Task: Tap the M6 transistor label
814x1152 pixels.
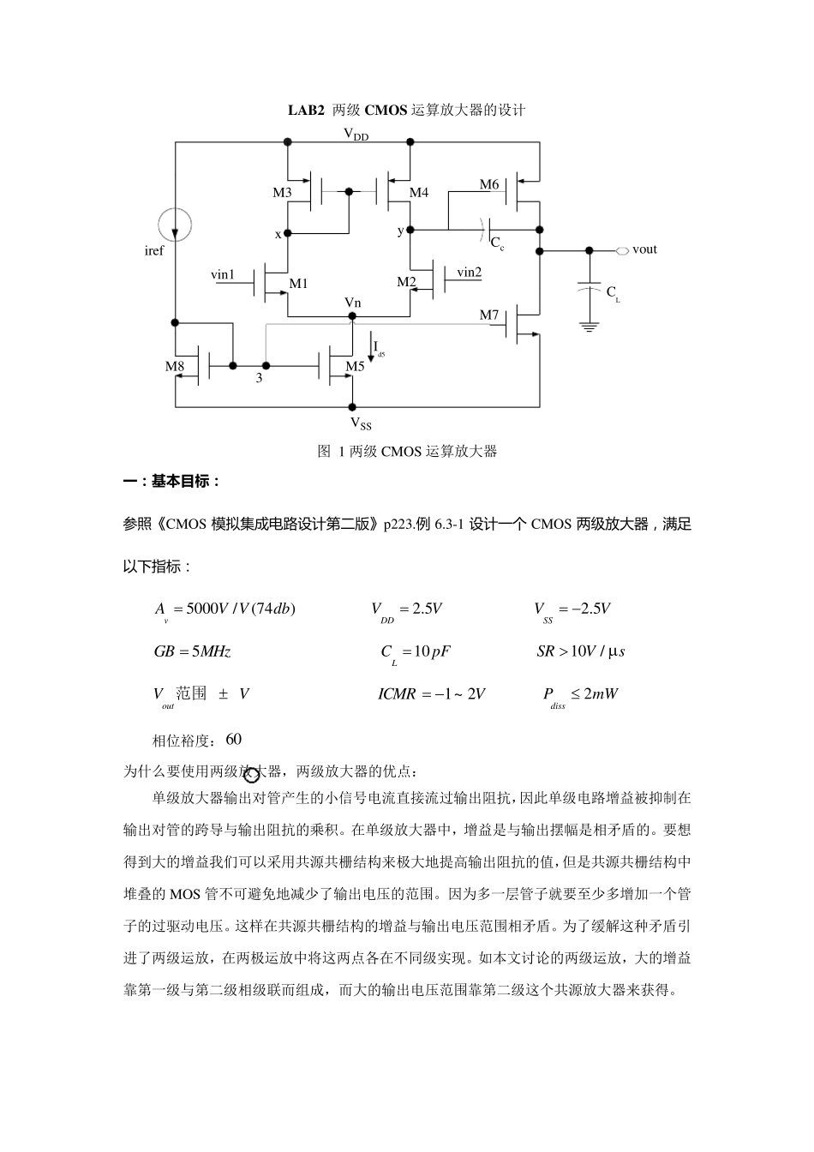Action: coord(489,185)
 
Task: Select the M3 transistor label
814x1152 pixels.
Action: coord(283,193)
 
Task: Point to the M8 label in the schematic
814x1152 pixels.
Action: coord(175,366)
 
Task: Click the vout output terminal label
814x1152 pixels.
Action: coord(644,249)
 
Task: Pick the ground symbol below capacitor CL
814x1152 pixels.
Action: coord(588,326)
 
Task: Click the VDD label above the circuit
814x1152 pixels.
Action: coord(356,134)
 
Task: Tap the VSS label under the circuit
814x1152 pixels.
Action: coord(361,423)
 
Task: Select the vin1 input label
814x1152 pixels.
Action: coord(223,275)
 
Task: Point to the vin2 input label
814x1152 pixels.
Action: coord(469,273)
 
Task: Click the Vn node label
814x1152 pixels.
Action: coord(352,303)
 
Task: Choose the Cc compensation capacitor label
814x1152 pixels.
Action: coord(497,243)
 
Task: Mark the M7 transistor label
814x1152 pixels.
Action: coord(489,315)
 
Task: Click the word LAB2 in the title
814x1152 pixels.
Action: coord(306,111)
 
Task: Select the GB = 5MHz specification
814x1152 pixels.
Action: coord(193,651)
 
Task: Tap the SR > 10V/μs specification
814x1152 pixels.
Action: coord(581,651)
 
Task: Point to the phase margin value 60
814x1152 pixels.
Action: coord(234,739)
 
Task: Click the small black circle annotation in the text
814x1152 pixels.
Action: coord(251,776)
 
